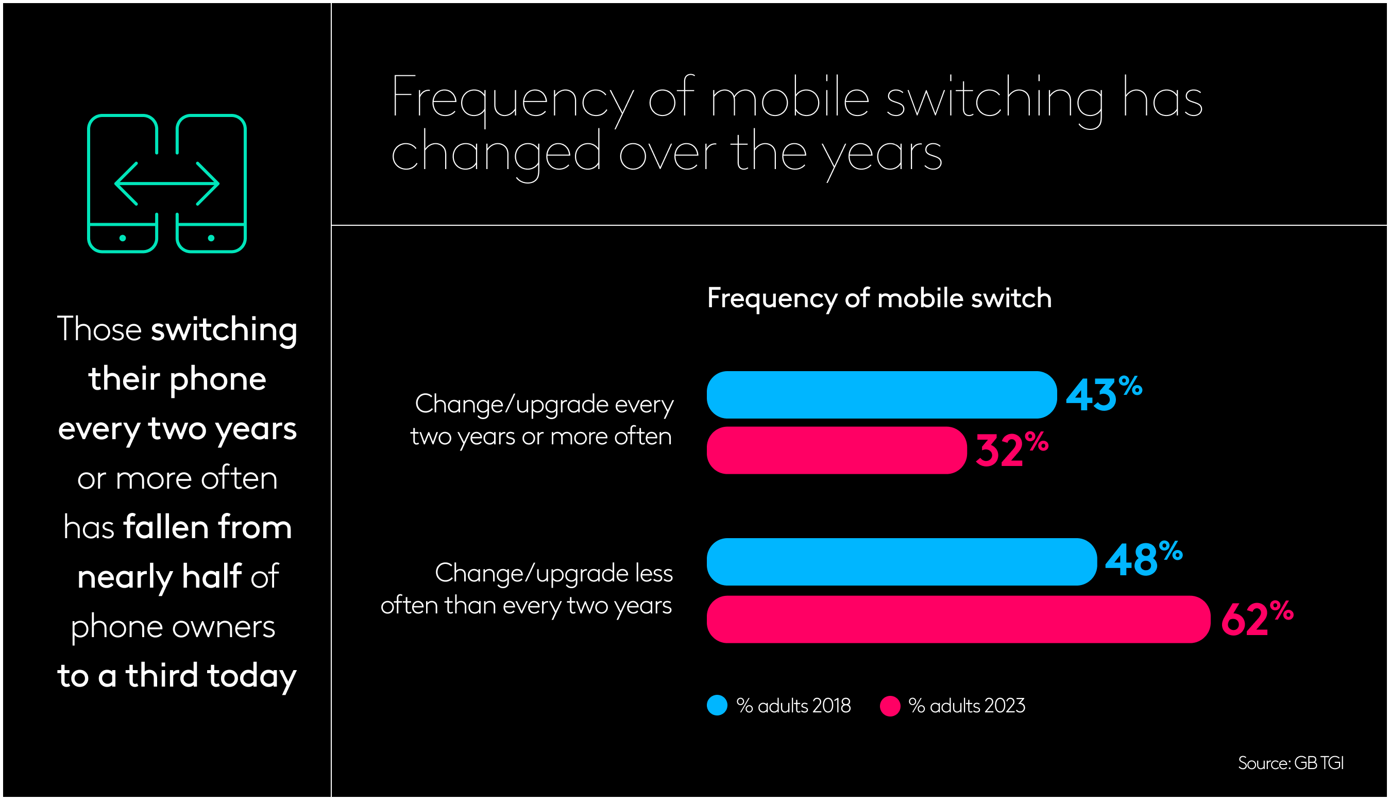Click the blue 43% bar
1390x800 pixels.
tap(881, 394)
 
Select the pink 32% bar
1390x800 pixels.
tap(836, 450)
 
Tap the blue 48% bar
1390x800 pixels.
tap(901, 561)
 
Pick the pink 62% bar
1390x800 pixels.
tap(958, 619)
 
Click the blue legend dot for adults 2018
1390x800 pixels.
tap(717, 706)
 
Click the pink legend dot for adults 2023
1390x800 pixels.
tap(889, 706)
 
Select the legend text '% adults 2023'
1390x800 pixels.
tap(966, 706)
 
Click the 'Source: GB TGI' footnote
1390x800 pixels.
tap(1290, 763)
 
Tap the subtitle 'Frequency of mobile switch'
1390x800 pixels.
tap(879, 298)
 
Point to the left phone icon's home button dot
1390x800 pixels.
tap(123, 238)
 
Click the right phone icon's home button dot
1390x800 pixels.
tap(211, 238)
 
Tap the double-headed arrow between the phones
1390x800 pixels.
tap(166, 184)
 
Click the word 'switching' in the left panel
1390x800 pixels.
tap(224, 330)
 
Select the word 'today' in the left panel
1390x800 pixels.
tap(251, 676)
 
